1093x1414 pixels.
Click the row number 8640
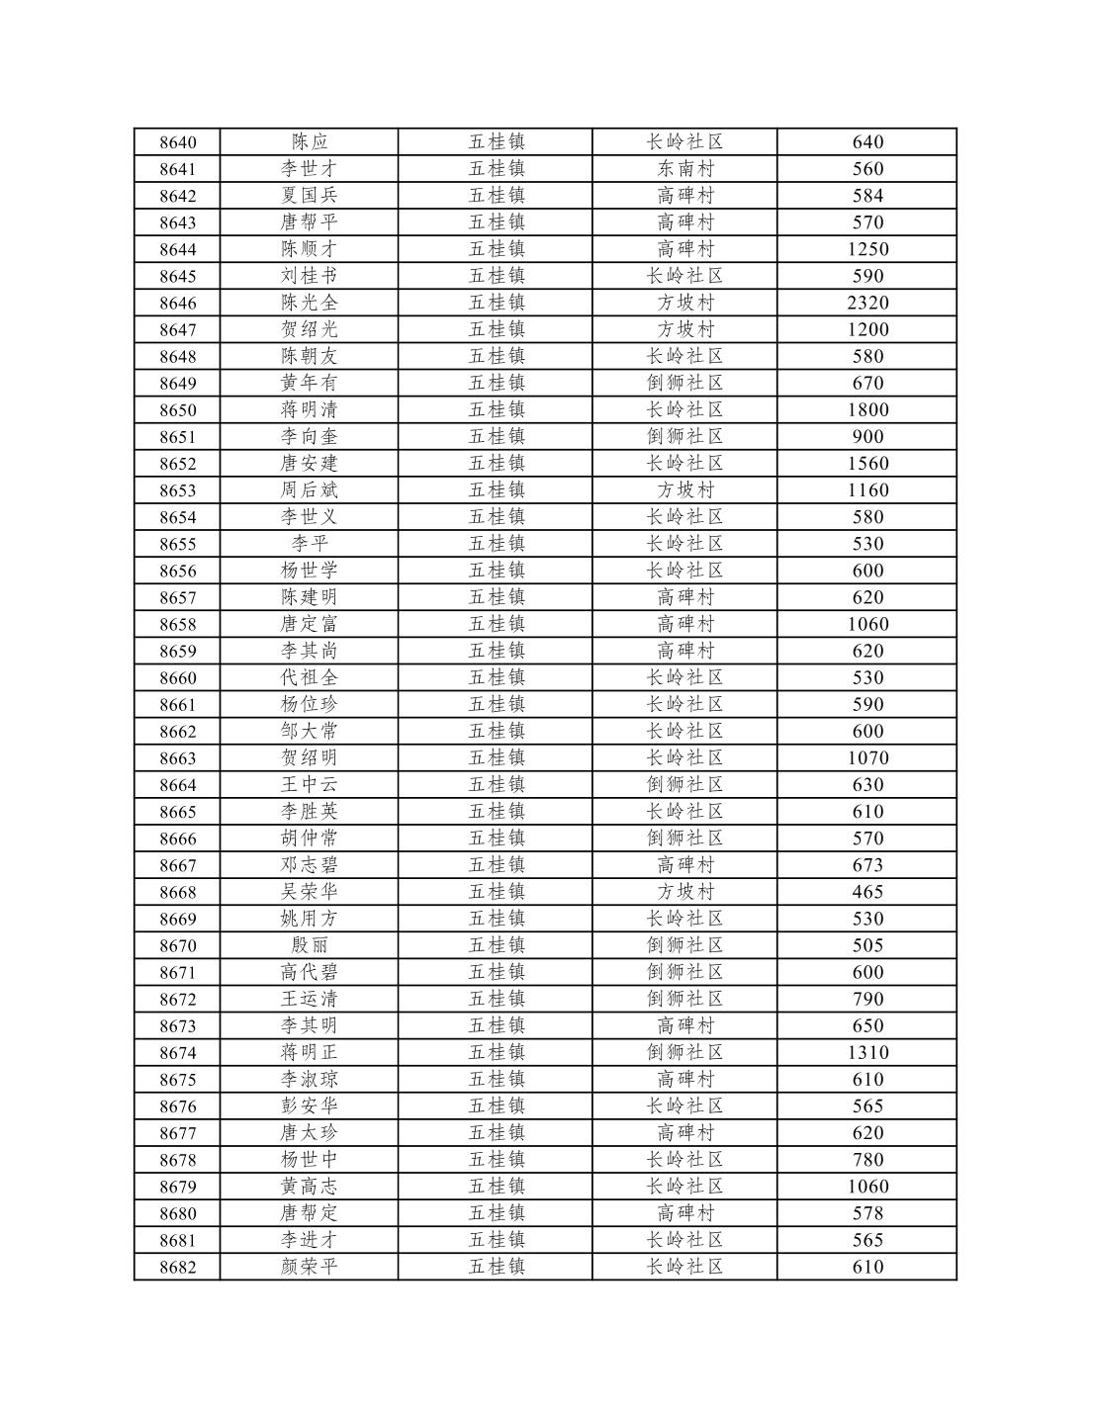[177, 142]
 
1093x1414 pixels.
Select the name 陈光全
[309, 303]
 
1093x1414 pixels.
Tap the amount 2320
[867, 303]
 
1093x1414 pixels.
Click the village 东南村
[684, 169]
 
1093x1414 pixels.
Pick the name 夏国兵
[309, 196]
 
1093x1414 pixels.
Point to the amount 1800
[867, 409]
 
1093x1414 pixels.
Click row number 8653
[177, 490]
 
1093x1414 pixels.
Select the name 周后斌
[309, 490]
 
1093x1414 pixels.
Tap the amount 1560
[867, 464]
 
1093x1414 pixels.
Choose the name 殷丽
[309, 945]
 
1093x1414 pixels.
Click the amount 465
[867, 892]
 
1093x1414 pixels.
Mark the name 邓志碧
[309, 865]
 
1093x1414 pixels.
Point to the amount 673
[867, 865]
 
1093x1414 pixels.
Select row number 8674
[177, 1053]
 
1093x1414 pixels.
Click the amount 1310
[867, 1053]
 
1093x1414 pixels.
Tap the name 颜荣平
[309, 1267]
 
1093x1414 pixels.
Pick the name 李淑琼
[309, 1080]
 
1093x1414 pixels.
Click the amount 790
[867, 999]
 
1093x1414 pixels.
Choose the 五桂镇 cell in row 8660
[496, 677]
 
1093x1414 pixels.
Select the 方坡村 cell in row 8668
[684, 892]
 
